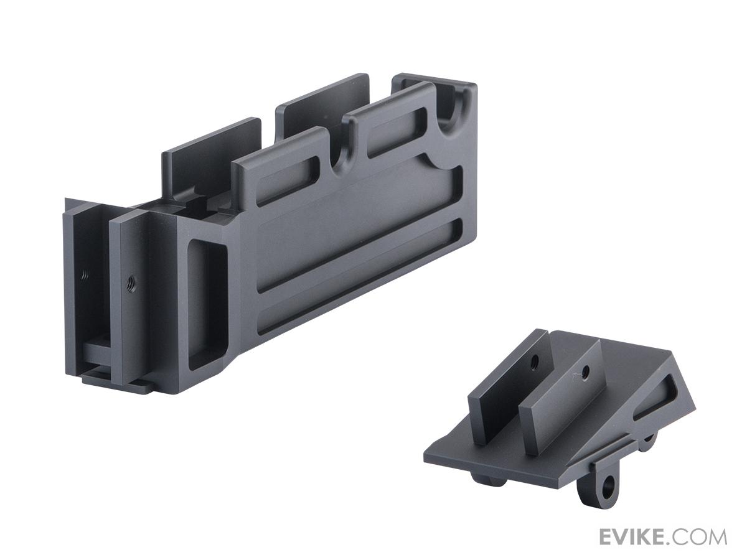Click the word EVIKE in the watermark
coord(633,537)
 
